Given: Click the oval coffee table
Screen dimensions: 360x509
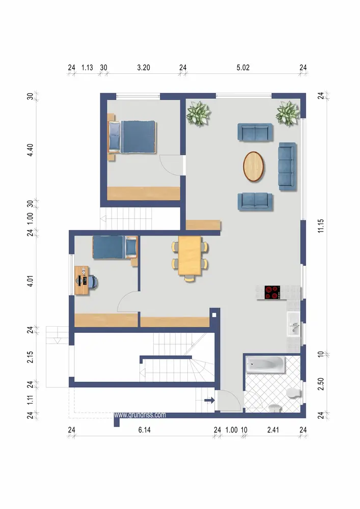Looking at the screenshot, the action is click(254, 166).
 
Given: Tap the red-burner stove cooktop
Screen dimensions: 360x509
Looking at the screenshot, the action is click(272, 292).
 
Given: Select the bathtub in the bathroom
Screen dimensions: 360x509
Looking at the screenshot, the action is click(265, 364).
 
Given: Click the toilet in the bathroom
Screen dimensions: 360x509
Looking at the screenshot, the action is click(293, 393).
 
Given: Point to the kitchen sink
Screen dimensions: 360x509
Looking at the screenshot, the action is click(294, 324).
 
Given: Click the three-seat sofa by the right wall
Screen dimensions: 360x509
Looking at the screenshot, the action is click(287, 166).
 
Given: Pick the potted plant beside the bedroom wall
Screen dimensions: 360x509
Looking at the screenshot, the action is click(198, 113).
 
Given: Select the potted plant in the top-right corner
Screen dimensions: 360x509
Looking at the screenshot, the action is click(288, 112).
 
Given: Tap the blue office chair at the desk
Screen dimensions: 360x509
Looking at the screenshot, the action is click(93, 282).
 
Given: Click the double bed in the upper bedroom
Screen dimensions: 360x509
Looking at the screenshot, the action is click(132, 136).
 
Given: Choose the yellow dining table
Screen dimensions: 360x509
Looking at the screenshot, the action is click(189, 256).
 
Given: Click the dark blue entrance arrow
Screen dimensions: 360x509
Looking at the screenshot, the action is click(209, 400).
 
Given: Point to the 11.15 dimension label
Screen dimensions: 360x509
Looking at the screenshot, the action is click(321, 225).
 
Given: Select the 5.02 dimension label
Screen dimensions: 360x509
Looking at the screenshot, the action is click(243, 68).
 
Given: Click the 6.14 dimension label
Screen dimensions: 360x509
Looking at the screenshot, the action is click(145, 430).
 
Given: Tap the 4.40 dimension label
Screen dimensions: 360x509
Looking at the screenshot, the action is click(30, 150).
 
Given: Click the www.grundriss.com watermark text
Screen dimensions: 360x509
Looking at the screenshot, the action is click(140, 415).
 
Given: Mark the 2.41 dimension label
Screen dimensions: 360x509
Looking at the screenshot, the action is click(273, 430).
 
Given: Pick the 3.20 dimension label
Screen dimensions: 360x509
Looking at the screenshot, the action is click(144, 68).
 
